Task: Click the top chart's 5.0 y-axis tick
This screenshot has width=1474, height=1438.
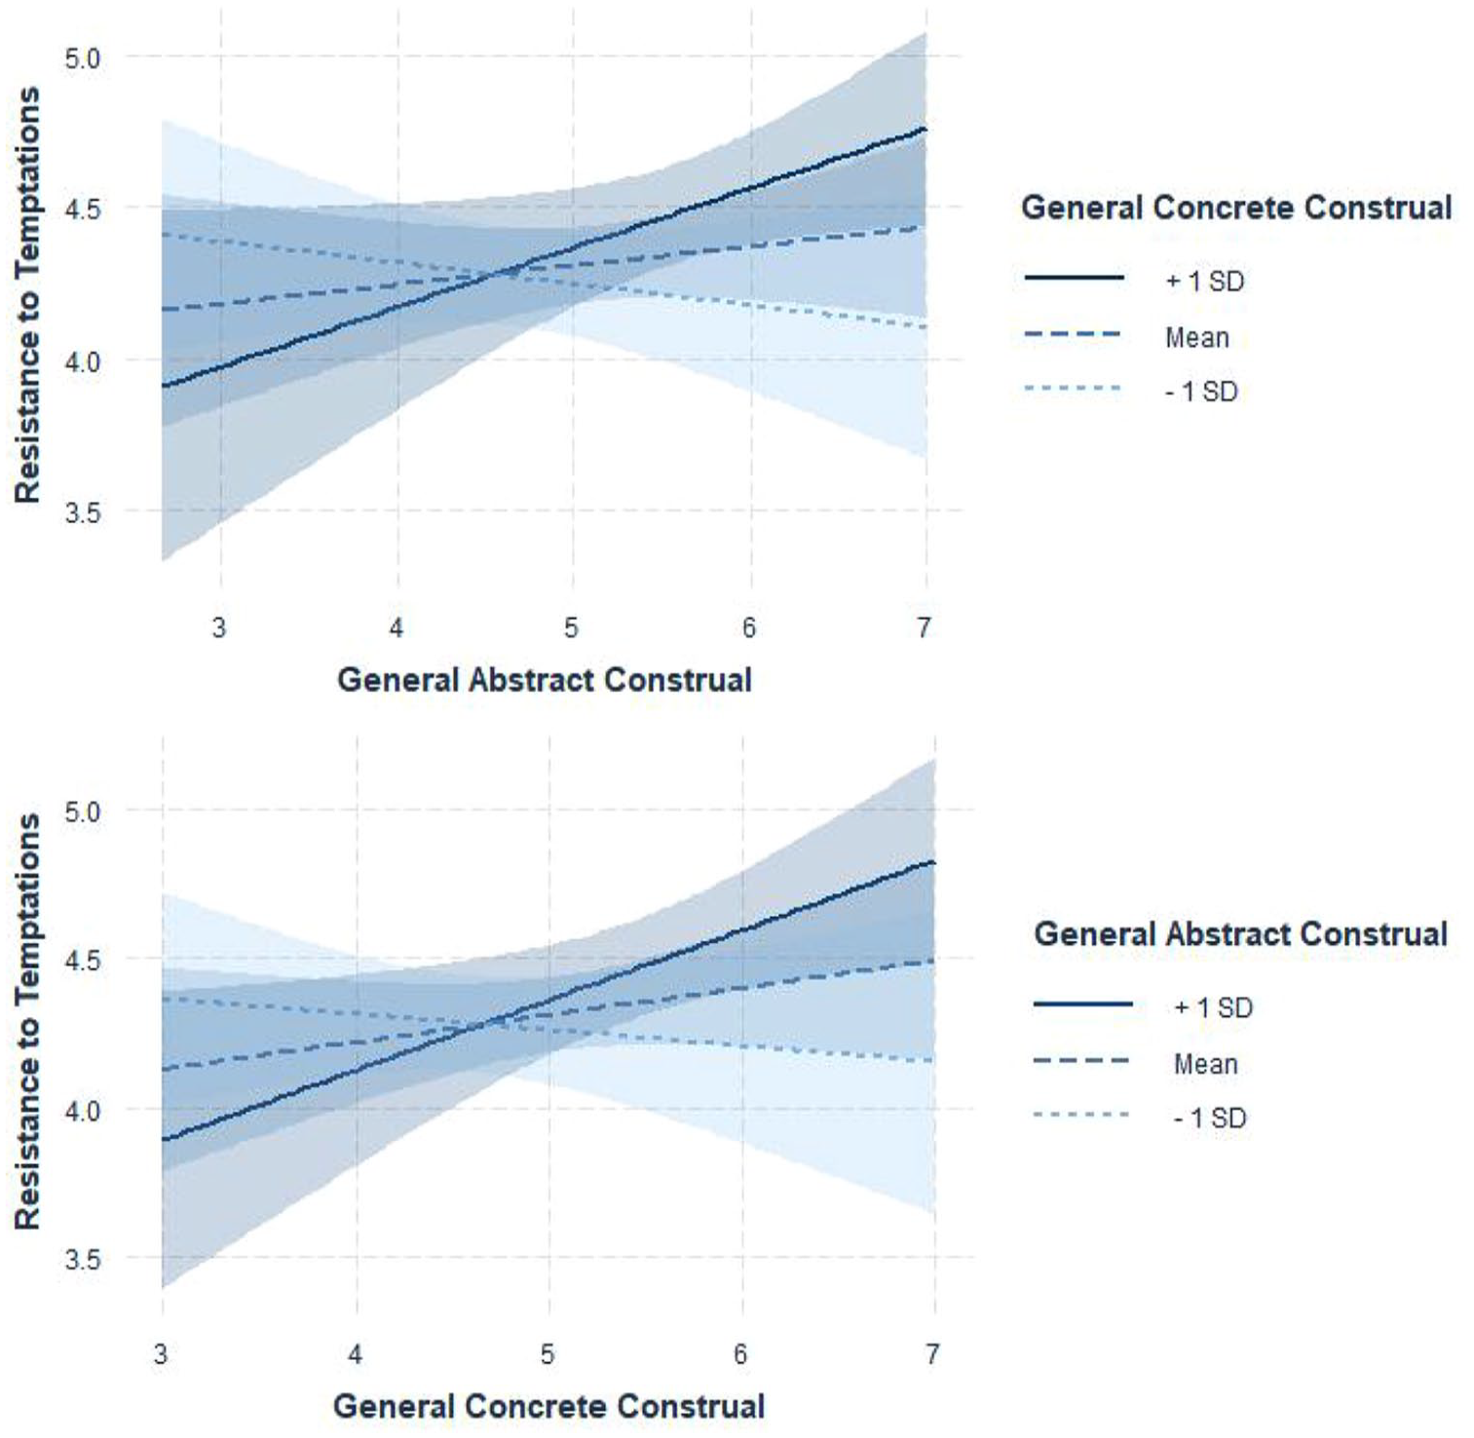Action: point(82,58)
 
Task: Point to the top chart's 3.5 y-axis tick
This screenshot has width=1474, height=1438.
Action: point(82,511)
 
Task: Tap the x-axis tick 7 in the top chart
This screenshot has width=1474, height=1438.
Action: point(924,626)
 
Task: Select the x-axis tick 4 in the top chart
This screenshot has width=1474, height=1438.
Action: point(397,626)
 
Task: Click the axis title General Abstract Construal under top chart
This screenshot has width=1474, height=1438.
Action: point(545,679)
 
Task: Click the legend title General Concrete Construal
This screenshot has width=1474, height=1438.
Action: point(1236,208)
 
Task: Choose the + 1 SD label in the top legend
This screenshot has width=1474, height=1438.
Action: point(1205,282)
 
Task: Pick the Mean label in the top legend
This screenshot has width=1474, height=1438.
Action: point(1197,338)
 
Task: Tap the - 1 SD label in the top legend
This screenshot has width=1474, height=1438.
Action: point(1201,392)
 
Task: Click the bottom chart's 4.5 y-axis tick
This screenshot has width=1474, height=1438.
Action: point(82,960)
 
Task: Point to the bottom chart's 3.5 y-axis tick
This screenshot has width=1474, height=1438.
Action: point(82,1260)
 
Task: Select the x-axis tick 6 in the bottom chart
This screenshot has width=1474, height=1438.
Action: point(741,1354)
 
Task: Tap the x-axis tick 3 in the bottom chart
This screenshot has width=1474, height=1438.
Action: point(161,1354)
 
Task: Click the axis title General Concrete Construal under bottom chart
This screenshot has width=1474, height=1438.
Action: point(549,1406)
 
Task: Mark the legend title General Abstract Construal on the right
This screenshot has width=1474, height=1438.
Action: point(1241,933)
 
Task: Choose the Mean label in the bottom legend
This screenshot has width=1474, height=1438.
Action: point(1206,1064)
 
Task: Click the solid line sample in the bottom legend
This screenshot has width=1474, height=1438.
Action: point(1082,1004)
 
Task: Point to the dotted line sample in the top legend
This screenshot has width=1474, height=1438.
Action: point(1074,390)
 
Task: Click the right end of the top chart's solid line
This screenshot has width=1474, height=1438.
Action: point(925,129)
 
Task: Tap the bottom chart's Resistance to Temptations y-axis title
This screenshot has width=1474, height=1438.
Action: point(28,1022)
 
